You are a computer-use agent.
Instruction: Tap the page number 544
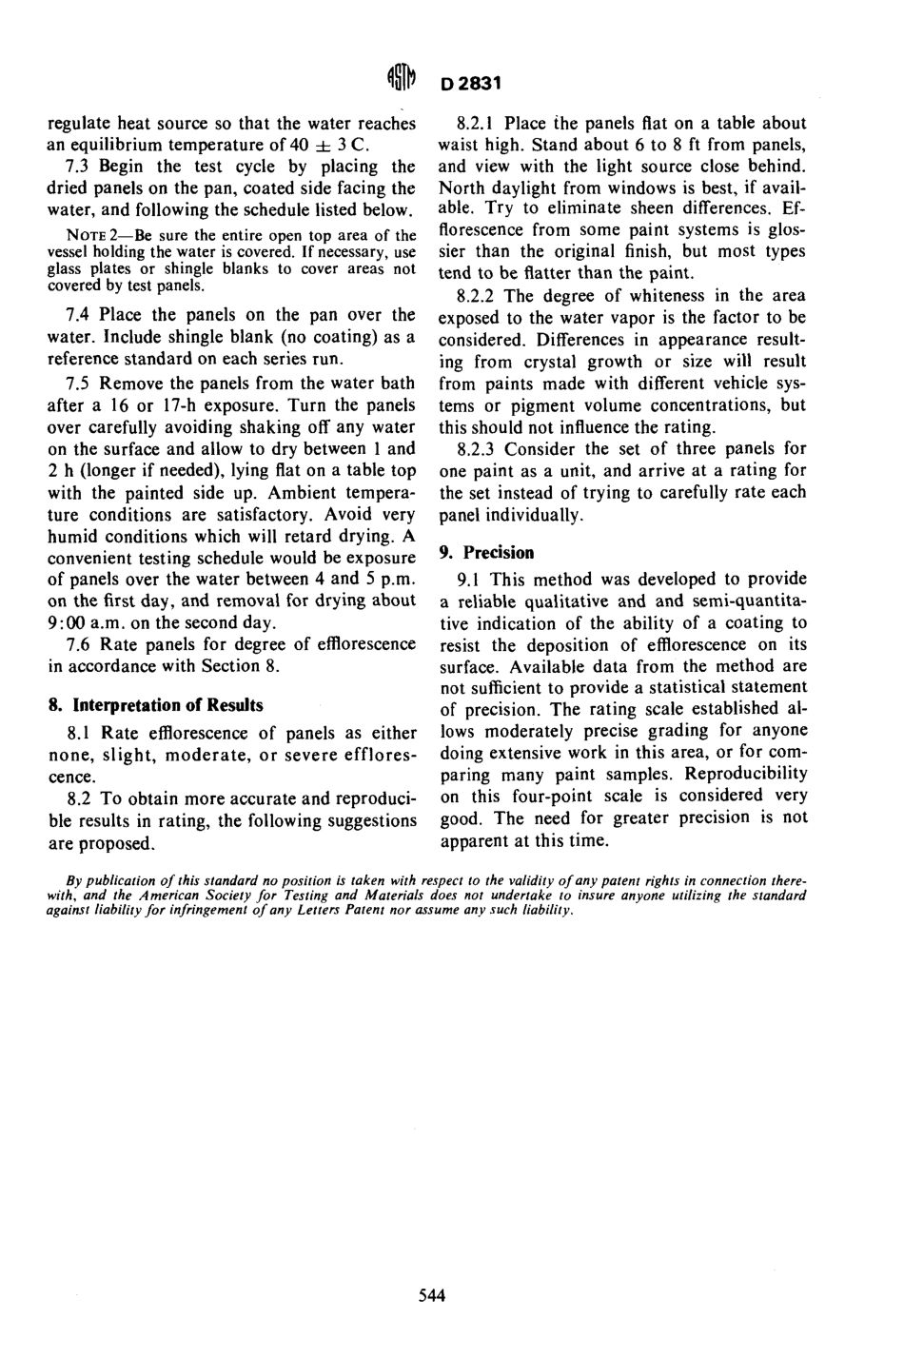[x=432, y=1294]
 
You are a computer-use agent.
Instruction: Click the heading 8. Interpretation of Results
[x=155, y=705]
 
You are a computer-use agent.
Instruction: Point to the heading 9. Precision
[x=486, y=552]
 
